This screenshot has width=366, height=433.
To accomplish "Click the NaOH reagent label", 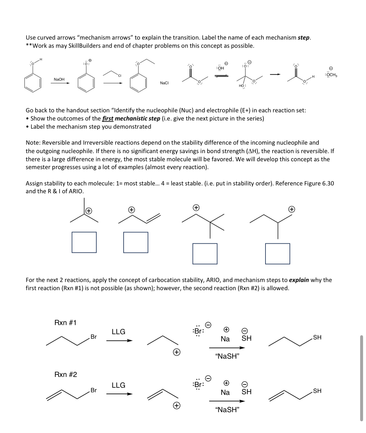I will [59, 79].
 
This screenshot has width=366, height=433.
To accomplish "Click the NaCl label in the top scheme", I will [164, 83].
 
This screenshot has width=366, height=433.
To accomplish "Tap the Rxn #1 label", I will [65, 323].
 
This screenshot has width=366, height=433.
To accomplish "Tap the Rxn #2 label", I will [65, 374].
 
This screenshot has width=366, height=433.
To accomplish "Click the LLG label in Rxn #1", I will [118, 332].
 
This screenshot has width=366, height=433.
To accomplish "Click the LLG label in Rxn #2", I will [118, 385].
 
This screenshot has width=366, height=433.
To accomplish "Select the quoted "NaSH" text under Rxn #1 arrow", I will [227, 356].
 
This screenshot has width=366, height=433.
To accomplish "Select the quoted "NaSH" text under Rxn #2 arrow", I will [227, 410].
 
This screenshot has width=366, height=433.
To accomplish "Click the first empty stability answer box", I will [84, 242].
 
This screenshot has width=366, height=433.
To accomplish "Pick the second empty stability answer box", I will [136, 242].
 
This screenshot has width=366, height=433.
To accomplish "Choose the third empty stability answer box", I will [205, 253].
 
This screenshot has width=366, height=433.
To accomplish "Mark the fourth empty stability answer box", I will [278, 253].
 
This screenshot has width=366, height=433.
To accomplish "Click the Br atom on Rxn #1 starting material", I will [93, 337].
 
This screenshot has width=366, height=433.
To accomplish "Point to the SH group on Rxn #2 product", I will [317, 391].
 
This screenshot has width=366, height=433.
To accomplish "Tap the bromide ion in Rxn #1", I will [198, 330].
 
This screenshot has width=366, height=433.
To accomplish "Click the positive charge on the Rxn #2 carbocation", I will [176, 405].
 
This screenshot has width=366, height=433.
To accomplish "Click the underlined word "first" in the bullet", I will [108, 118].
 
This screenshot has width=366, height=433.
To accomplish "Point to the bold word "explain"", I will [299, 280].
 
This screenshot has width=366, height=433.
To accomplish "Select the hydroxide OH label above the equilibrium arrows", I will [220, 68].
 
